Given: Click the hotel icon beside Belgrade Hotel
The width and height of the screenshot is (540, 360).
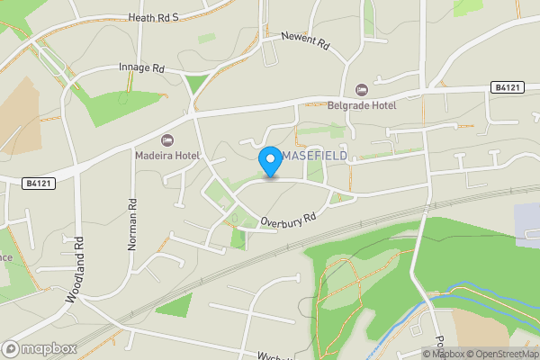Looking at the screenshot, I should tap(362, 89).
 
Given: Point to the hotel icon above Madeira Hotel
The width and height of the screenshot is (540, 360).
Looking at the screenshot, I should tap(167, 139).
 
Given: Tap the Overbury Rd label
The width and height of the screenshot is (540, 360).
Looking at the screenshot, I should tap(289, 219).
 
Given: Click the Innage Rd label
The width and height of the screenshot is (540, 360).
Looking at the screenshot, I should tap(142, 67).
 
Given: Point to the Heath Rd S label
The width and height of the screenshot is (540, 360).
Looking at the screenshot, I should tap(154, 16).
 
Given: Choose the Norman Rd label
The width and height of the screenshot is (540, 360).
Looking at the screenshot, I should tap(132, 224).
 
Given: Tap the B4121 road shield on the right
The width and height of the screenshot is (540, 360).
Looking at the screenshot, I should tap(508, 87).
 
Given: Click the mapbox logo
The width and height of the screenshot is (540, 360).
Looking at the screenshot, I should tap(40, 348).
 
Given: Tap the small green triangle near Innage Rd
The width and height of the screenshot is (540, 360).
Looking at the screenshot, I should tap(193, 85).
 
